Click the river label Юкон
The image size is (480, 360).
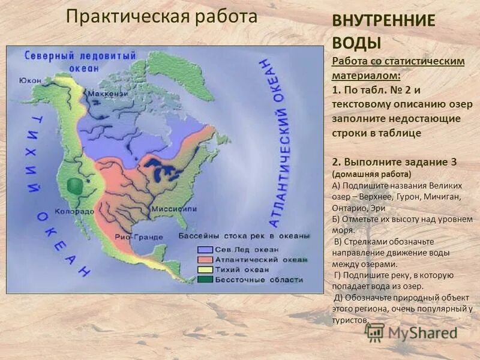[x=30, y=80]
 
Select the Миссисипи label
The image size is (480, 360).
[x=173, y=209]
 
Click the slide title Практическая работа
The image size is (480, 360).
[x=161, y=17]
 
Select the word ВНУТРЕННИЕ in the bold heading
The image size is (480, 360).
[x=383, y=20]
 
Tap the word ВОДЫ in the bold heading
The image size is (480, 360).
[x=356, y=43]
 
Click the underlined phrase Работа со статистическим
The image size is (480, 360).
[x=398, y=62]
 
